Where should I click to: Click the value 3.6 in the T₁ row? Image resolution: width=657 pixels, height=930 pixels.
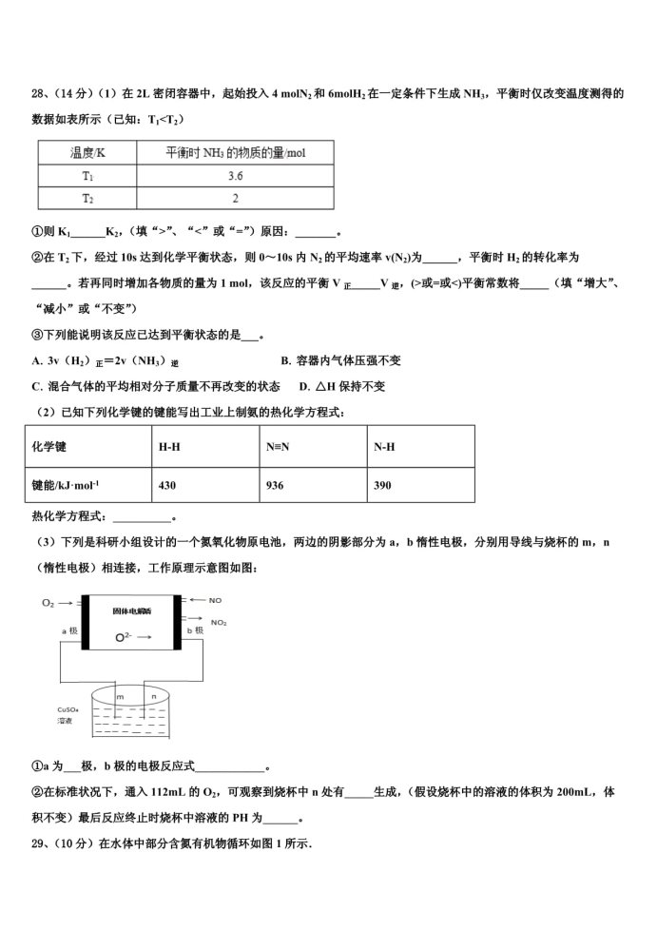(x=234, y=176)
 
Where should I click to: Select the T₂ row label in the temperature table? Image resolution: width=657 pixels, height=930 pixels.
(x=87, y=198)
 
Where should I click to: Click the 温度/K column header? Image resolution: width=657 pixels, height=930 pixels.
(x=87, y=152)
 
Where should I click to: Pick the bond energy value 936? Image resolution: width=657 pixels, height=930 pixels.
(x=276, y=485)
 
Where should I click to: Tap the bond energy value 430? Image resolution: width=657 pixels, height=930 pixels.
(x=167, y=485)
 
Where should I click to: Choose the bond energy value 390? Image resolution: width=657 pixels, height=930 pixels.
(x=382, y=485)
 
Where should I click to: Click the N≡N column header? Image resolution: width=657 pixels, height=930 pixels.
(x=278, y=446)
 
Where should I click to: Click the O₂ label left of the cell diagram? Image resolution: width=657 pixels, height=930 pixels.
(x=48, y=603)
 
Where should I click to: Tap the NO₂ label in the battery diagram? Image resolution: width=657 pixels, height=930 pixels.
(x=219, y=622)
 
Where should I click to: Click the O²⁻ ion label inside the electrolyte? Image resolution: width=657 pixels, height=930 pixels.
(x=123, y=637)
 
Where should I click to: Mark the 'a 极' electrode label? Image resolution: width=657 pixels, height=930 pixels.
(x=69, y=630)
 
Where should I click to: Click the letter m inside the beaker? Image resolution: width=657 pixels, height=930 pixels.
(x=121, y=697)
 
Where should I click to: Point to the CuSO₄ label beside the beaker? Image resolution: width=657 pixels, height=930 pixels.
(x=67, y=709)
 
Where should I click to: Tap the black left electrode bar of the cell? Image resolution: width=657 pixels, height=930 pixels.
(x=86, y=623)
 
